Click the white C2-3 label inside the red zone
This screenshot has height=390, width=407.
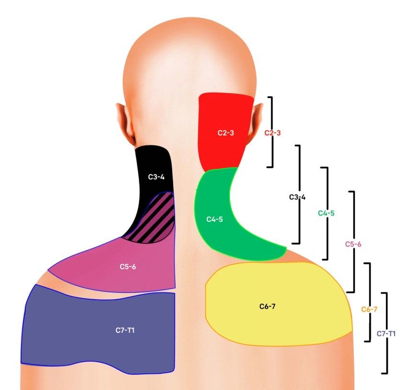click(x=226, y=133)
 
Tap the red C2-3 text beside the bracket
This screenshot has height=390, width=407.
click(x=272, y=133)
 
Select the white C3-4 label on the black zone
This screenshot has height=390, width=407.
click(x=156, y=177)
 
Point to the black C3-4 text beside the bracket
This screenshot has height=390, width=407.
click(x=297, y=197)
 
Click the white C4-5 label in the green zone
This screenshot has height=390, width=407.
click(x=215, y=219)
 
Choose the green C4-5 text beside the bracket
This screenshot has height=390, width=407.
click(x=326, y=213)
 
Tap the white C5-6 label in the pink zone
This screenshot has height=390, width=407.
click(x=128, y=267)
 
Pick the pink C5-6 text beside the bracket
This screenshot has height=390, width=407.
click(x=353, y=244)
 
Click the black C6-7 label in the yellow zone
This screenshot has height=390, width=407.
click(x=267, y=306)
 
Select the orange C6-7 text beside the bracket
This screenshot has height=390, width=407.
click(x=369, y=309)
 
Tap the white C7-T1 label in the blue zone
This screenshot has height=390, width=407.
click(x=125, y=330)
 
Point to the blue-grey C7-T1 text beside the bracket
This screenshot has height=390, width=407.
click(x=386, y=334)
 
